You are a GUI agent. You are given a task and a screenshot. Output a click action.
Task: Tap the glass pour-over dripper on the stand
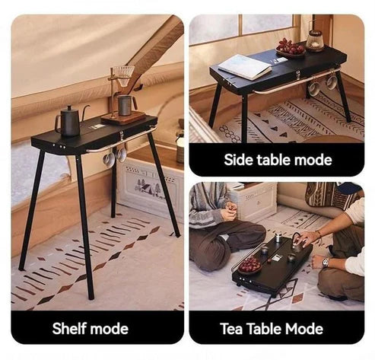click(x=124, y=75)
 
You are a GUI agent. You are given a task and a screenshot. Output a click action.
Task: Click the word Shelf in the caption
click(x=68, y=328)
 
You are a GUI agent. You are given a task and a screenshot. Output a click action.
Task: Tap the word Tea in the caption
click(x=230, y=329)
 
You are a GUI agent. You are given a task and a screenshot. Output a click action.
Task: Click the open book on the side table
click(x=244, y=67)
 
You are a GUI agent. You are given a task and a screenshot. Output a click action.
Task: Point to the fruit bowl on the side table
click(x=291, y=48)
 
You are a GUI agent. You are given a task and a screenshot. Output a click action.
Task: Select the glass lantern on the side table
click(x=315, y=40)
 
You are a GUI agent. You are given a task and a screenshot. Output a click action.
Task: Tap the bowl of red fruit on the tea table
click(x=249, y=266)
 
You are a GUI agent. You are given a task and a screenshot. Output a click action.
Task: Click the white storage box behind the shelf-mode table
click(x=150, y=188)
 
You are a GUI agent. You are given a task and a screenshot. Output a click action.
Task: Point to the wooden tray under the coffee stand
click(x=123, y=118)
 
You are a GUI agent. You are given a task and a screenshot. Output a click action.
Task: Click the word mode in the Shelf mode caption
click(x=109, y=329)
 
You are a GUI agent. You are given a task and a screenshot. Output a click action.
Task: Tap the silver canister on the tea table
click(x=278, y=237)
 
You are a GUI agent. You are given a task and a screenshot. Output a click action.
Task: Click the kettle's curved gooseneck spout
click(x=85, y=111)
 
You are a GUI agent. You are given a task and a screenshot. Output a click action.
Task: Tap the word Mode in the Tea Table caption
click(x=304, y=329)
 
